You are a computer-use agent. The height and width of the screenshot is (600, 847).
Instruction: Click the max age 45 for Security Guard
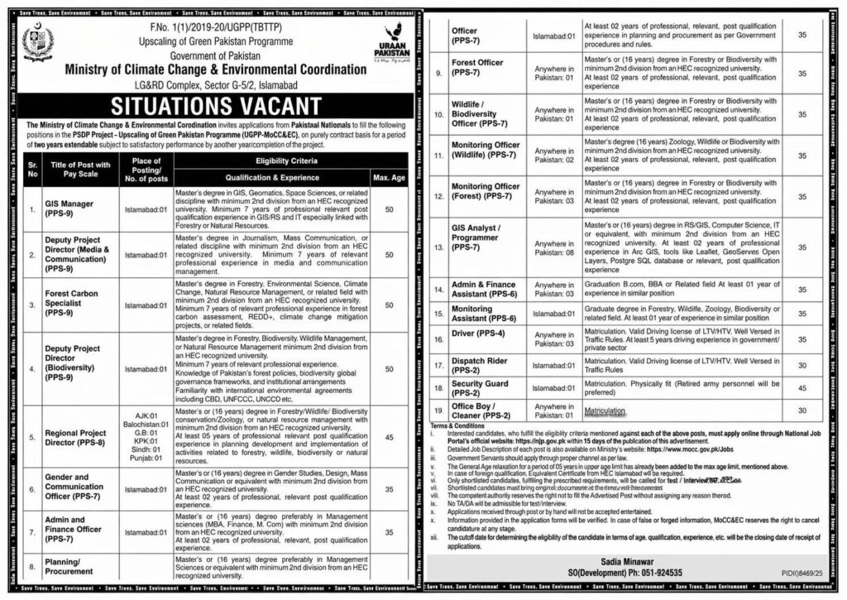click(x=800, y=387)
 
